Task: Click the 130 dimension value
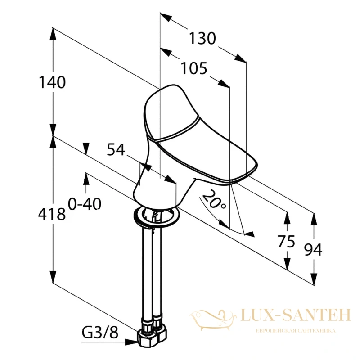pyautogui.click(x=202, y=38)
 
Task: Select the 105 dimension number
pyautogui.click(x=194, y=68)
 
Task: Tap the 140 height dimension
pyautogui.click(x=53, y=82)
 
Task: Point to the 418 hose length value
pyautogui.click(x=52, y=215)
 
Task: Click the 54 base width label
pyautogui.click(x=116, y=149)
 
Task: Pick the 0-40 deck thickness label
pyautogui.click(x=85, y=204)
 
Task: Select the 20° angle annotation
pyautogui.click(x=213, y=199)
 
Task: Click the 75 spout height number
pyautogui.click(x=286, y=242)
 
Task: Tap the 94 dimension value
pyautogui.click(x=313, y=250)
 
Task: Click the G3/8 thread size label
pyautogui.click(x=100, y=333)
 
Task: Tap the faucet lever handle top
pyautogui.click(x=172, y=112)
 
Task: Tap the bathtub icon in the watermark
pyautogui.click(x=213, y=317)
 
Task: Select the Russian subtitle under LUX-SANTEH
pyautogui.click(x=296, y=331)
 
